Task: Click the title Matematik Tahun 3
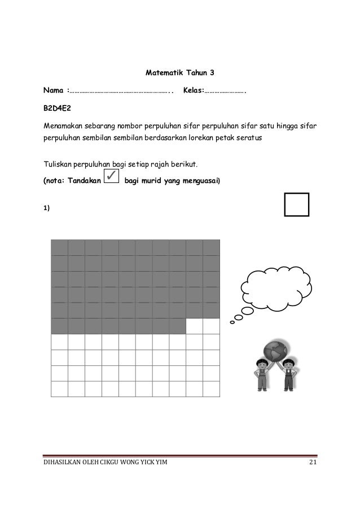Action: tap(181, 73)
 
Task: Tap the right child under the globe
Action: tap(289, 376)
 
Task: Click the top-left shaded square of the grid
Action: tap(59, 247)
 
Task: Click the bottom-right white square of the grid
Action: tap(211, 390)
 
